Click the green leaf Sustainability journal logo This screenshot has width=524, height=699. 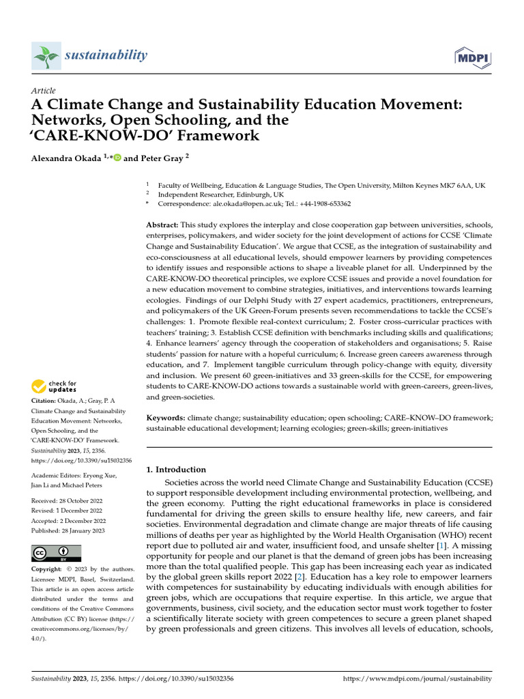point(46,56)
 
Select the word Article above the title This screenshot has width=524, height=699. point(44,91)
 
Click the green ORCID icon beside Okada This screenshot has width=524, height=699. point(117,158)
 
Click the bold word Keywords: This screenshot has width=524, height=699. point(165,417)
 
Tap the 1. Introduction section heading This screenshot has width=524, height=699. point(176,470)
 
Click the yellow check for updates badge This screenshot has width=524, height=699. point(54,388)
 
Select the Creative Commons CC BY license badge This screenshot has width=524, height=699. point(56,553)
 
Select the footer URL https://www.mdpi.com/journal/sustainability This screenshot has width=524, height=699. point(416,679)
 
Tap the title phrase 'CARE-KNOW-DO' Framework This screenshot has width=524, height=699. point(145,135)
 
